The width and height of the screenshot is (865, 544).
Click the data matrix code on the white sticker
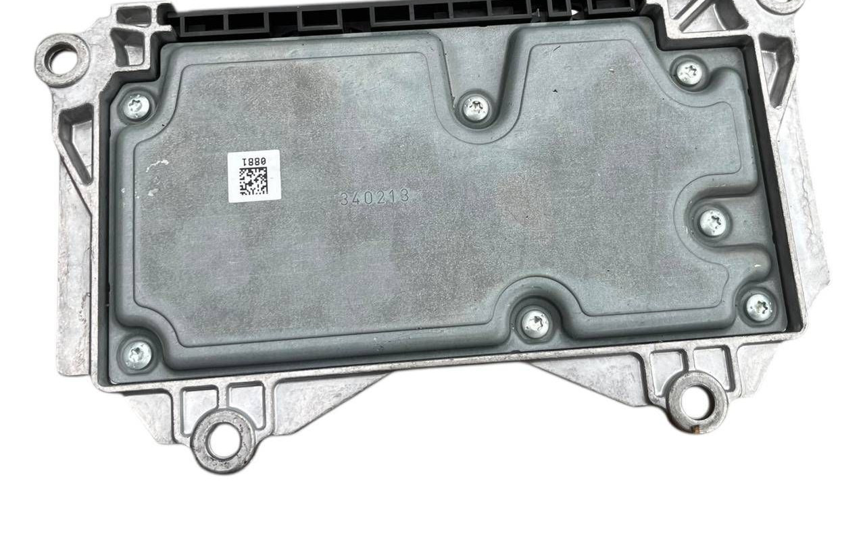click(253, 181)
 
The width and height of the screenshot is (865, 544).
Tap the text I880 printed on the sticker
click(253, 161)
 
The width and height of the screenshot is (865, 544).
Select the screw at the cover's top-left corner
click(137, 107)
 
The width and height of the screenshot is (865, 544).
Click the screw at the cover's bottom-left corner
click(137, 355)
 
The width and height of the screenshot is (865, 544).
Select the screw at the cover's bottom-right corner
click(759, 308)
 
